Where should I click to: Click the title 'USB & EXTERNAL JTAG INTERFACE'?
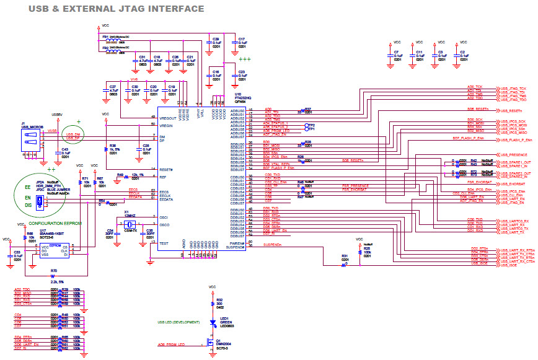[117, 9]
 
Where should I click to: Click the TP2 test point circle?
[304, 125]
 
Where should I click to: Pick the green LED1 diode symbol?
[213, 322]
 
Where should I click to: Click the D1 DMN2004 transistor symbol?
[211, 341]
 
